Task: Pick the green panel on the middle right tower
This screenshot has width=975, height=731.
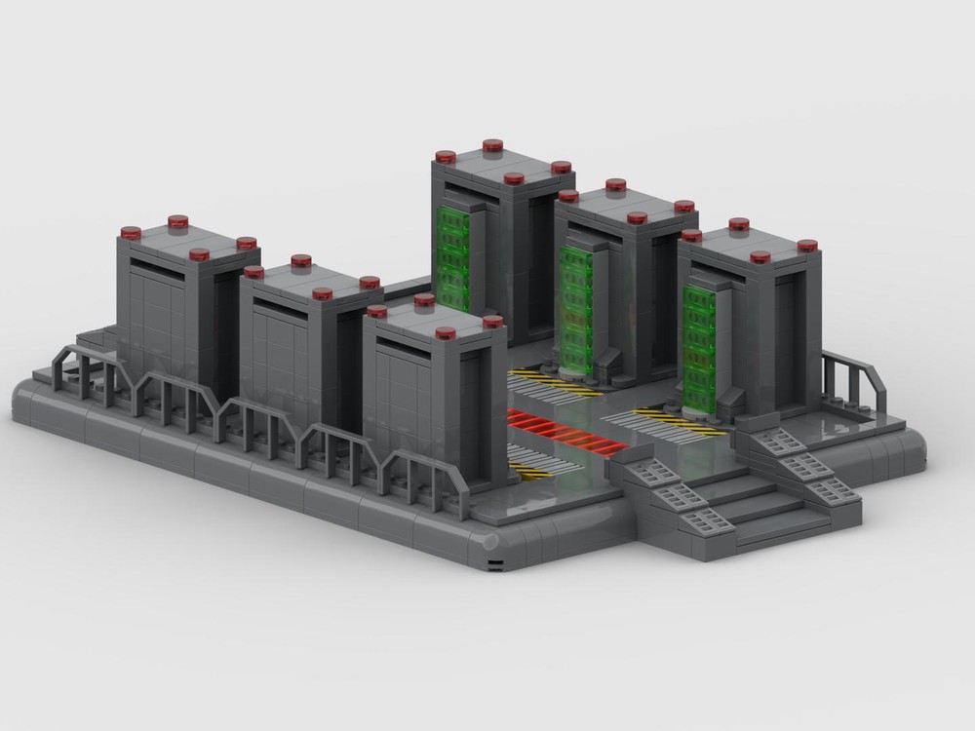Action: click(x=576, y=301)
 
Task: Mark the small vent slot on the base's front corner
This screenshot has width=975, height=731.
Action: click(x=496, y=565)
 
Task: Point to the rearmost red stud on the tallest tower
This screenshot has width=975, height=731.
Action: click(x=492, y=145)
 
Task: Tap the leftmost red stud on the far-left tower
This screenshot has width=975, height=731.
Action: click(x=131, y=232)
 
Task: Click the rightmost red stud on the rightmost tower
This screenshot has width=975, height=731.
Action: click(x=807, y=246)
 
